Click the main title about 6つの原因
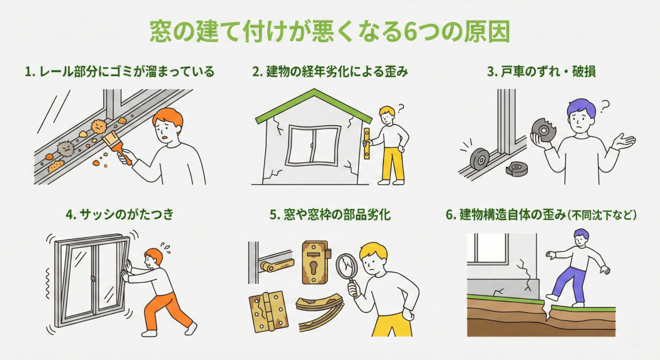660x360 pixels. point(330,33)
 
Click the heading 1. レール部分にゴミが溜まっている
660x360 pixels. point(120,72)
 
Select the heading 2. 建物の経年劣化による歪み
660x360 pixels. point(330,72)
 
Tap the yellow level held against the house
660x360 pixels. point(366,143)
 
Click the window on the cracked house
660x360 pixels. point(313,146)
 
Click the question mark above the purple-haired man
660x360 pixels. point(605,105)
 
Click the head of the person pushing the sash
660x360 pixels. point(153,258)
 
